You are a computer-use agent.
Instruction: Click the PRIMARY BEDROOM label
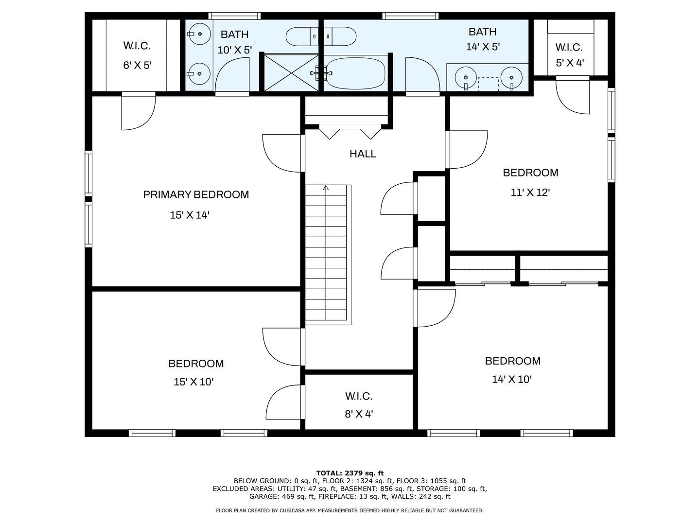(x=196, y=194)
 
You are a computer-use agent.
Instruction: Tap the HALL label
(x=363, y=154)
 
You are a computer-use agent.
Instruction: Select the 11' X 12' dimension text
(x=530, y=192)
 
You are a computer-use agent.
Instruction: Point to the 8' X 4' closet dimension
(x=359, y=414)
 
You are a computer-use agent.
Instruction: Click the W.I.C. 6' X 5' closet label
(x=137, y=55)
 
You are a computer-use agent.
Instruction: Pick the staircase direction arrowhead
(x=326, y=188)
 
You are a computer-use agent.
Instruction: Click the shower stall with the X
(x=292, y=73)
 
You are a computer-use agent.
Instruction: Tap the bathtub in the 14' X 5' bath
(x=355, y=73)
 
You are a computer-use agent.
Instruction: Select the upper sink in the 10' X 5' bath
(x=199, y=34)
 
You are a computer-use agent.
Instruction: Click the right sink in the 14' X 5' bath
(x=511, y=78)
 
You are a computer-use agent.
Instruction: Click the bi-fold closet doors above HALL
(x=350, y=133)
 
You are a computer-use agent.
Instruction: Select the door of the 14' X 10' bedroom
(x=435, y=308)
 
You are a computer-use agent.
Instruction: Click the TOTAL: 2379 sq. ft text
(x=350, y=473)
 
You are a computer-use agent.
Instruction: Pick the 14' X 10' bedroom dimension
(x=512, y=379)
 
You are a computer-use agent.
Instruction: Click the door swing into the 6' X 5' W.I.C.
(x=139, y=112)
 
